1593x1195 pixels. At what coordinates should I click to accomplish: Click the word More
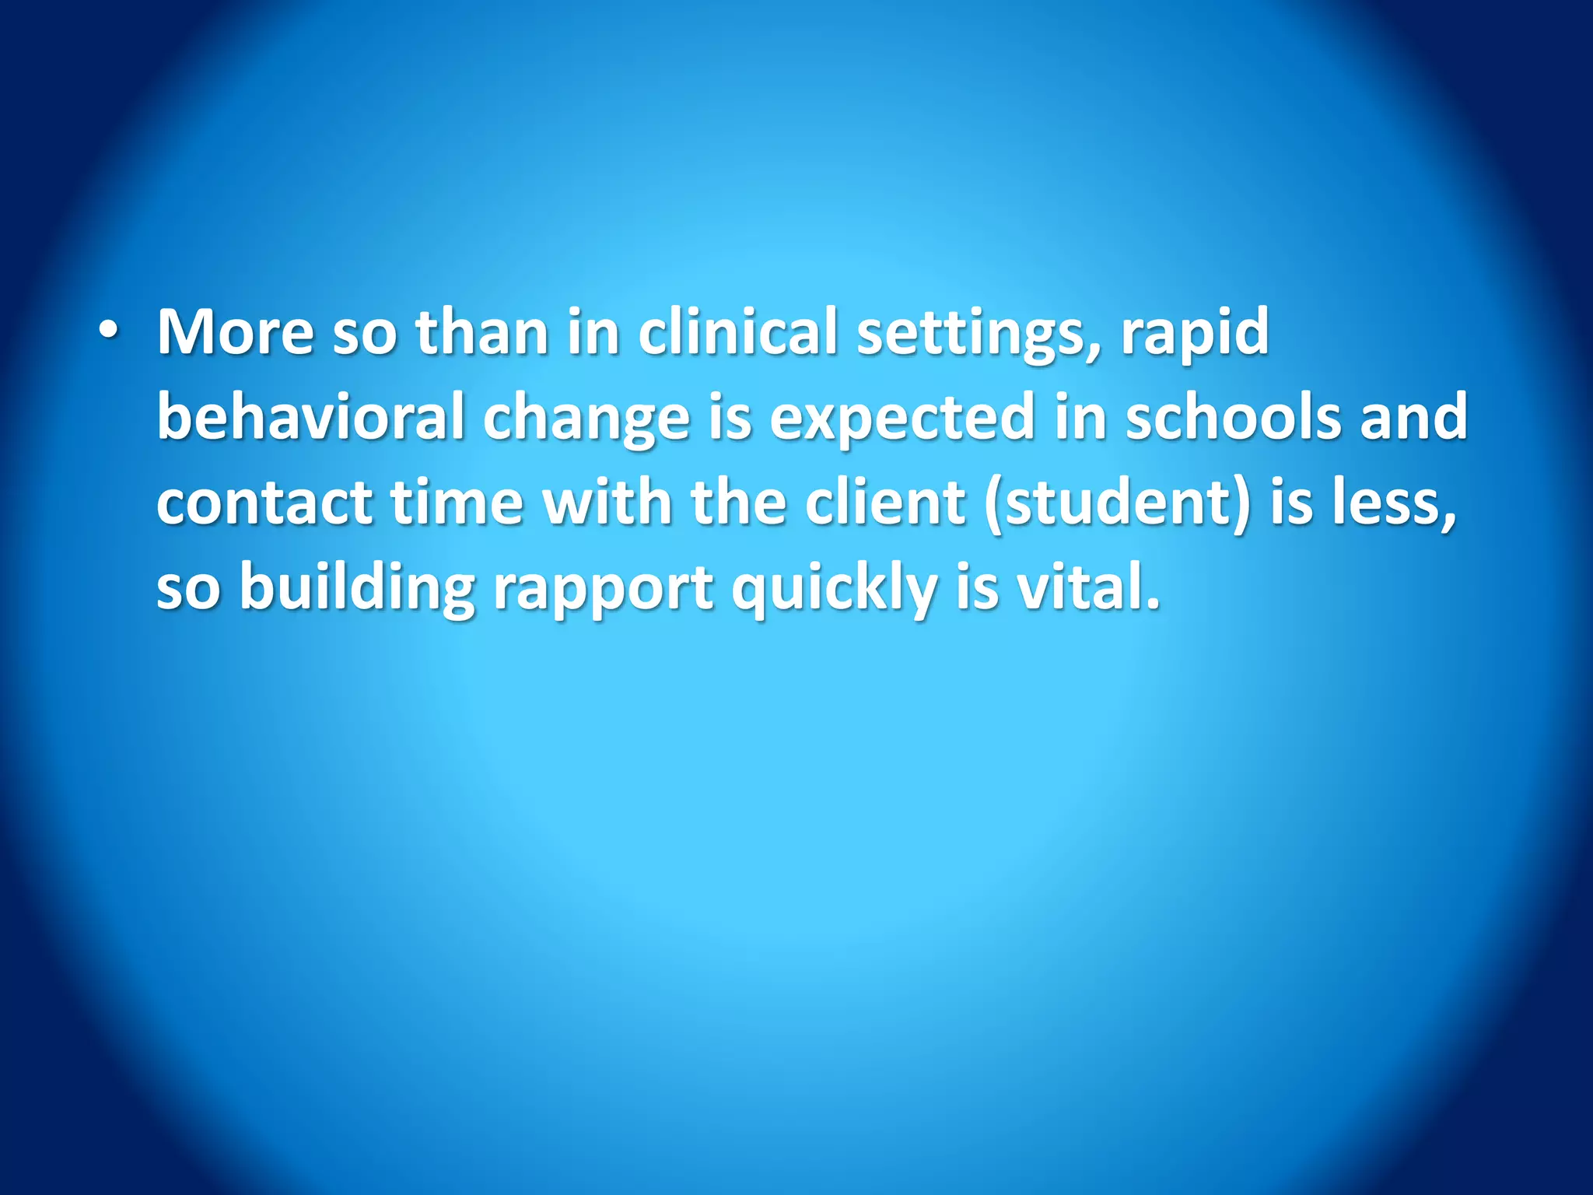(x=235, y=333)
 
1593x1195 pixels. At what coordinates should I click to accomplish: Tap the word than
(x=482, y=333)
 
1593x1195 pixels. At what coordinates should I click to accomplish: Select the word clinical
(x=737, y=333)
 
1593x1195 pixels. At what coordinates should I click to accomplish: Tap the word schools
(x=1233, y=417)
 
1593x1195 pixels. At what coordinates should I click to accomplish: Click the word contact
(x=264, y=503)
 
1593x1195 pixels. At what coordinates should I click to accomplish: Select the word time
(x=457, y=503)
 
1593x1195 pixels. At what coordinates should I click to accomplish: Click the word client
(x=885, y=503)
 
